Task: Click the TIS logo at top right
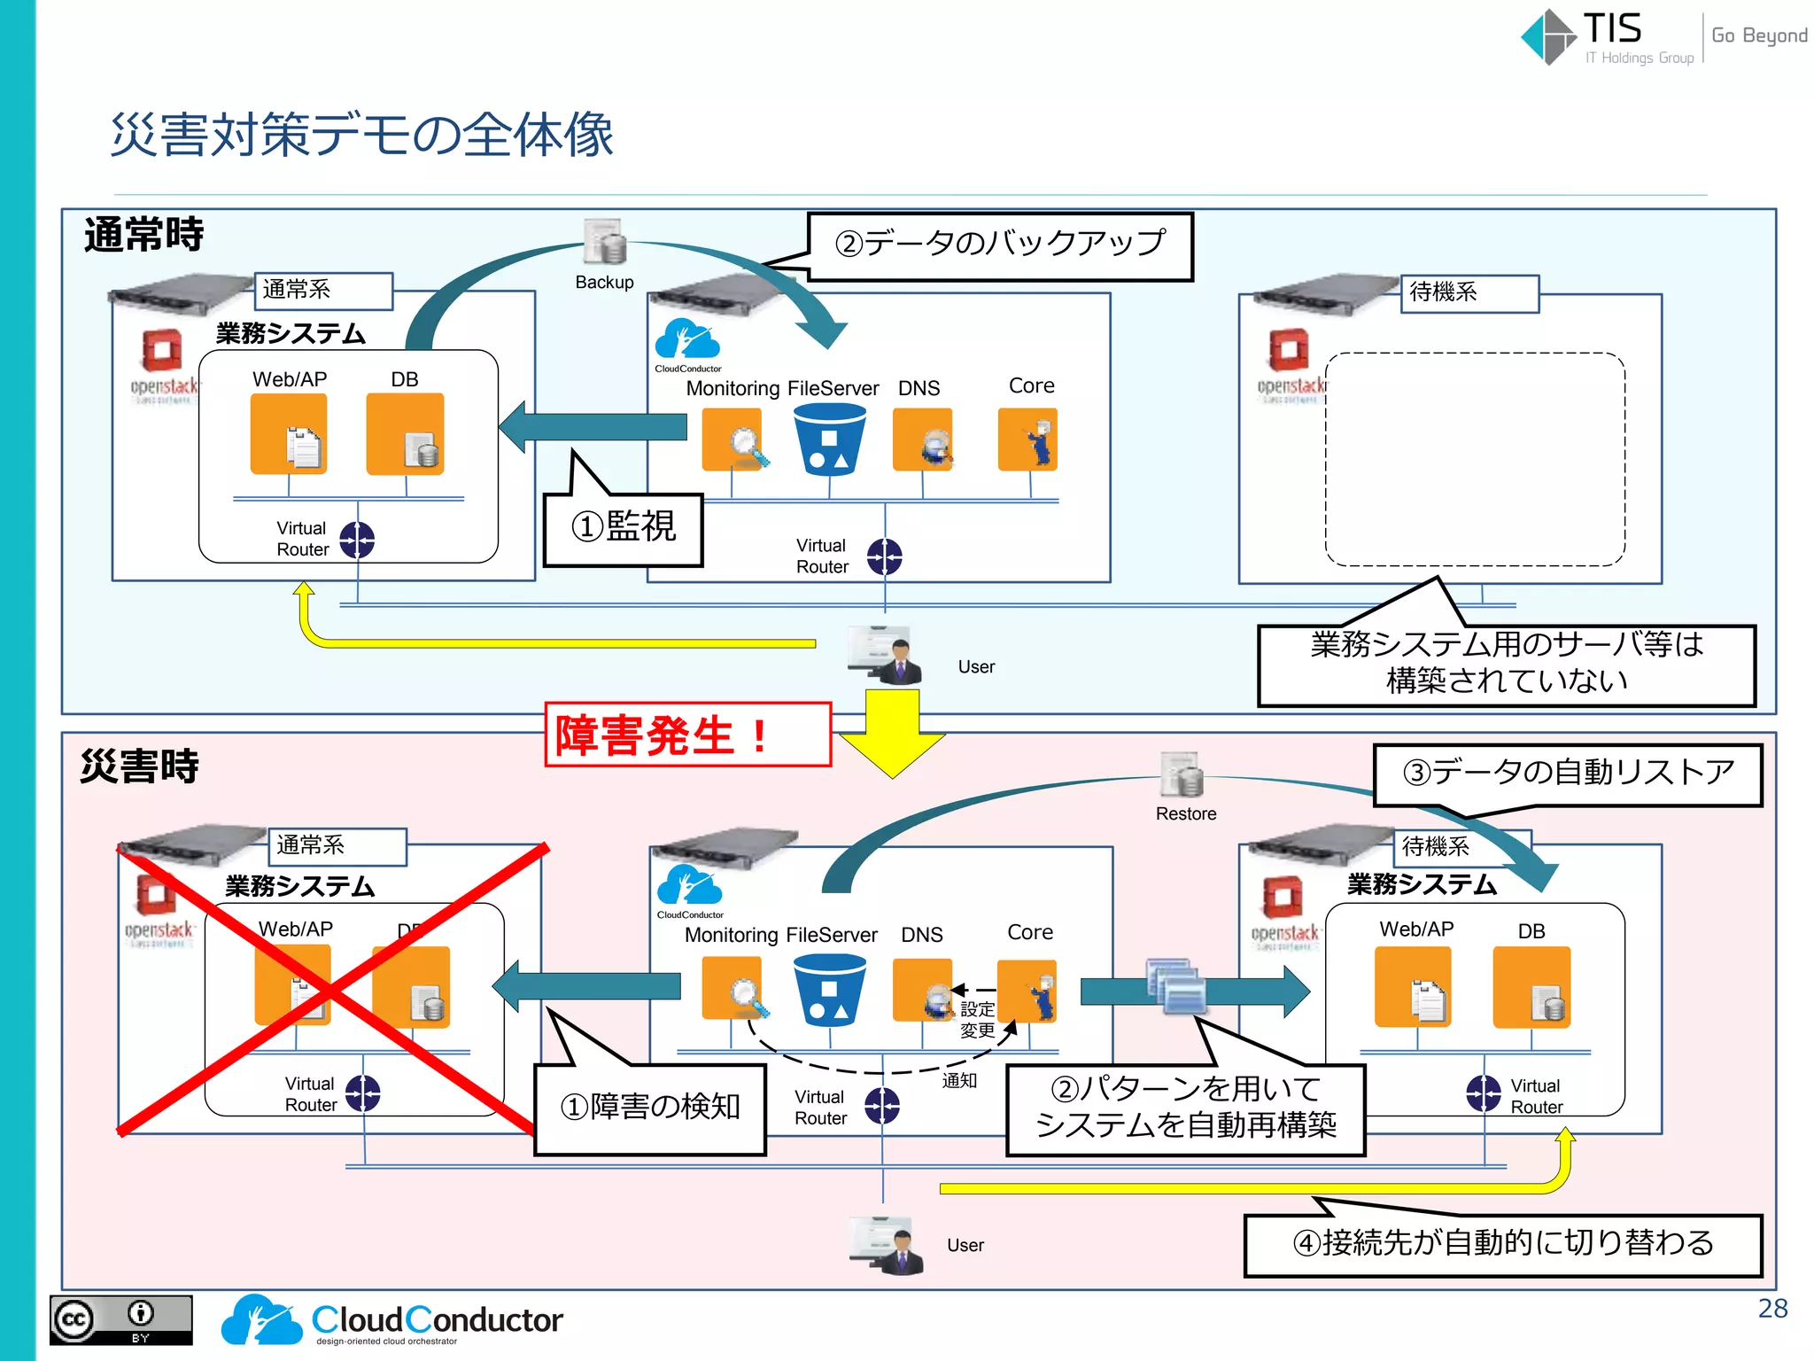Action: (1585, 36)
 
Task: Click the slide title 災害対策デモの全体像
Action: (361, 136)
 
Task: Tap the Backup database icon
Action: (605, 242)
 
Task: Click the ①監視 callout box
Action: (623, 529)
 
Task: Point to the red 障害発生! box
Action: (687, 735)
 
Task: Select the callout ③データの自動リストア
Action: (1567, 774)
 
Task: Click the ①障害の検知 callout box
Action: (650, 1108)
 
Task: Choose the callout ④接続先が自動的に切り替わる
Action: (1503, 1244)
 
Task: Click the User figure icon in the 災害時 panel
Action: (886, 1246)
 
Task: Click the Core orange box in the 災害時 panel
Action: (1027, 991)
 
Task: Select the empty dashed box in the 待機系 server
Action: (1475, 459)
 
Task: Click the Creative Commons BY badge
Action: (120, 1320)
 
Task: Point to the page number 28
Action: (1772, 1309)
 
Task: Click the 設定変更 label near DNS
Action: (977, 1020)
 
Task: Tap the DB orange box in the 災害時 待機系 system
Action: (1531, 987)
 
